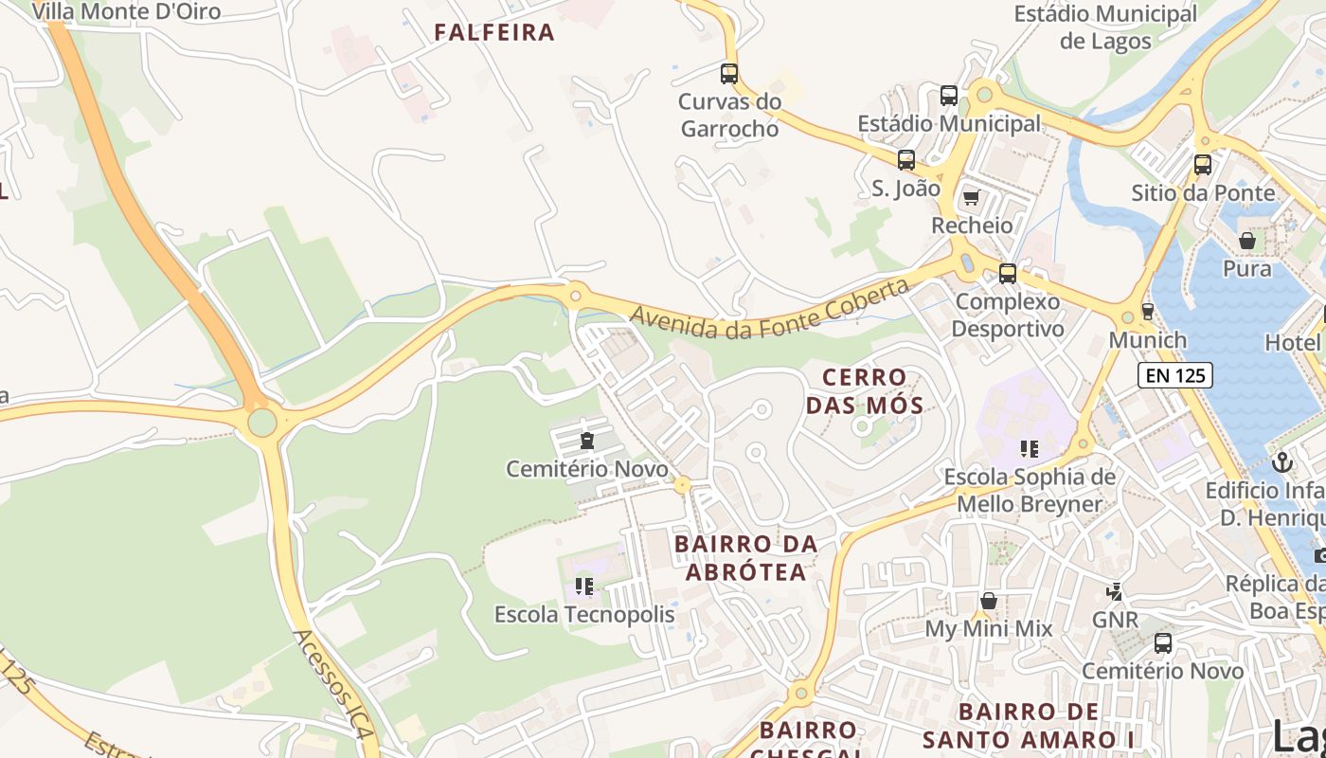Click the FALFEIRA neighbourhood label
click(493, 32)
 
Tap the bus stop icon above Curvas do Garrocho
click(729, 73)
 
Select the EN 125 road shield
click(1175, 375)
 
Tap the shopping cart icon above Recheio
click(971, 198)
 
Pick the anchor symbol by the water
click(1282, 462)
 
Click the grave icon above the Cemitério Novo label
click(587, 441)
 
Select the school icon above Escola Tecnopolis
click(584, 587)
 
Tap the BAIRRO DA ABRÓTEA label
click(745, 558)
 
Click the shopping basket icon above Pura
click(1247, 241)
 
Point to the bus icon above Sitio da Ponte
click(1203, 164)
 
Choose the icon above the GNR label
click(1115, 592)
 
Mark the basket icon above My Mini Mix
click(989, 601)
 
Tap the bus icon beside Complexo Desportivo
click(1008, 274)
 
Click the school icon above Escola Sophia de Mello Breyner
click(1030, 448)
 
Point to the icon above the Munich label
click(1148, 311)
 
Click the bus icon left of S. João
click(906, 159)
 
